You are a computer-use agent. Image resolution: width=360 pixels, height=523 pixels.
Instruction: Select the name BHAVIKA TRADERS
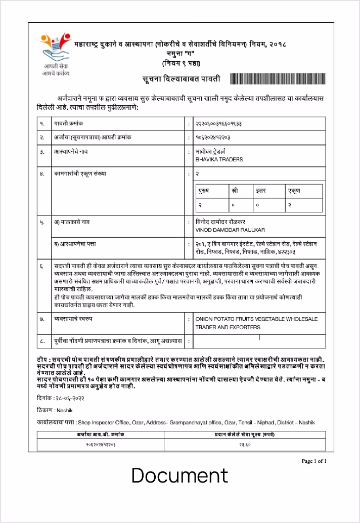tap(219, 159)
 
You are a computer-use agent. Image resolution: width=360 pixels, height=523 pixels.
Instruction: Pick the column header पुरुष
tap(204, 191)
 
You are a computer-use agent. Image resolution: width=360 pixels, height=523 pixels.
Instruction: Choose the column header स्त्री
tap(234, 191)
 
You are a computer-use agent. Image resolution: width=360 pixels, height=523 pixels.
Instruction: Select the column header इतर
tap(261, 191)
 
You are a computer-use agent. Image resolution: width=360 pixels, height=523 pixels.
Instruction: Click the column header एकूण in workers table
tap(294, 191)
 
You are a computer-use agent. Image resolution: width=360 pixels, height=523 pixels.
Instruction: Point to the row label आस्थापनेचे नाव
tap(71, 151)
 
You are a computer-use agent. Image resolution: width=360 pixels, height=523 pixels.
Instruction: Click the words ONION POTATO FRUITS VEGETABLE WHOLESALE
tap(256, 319)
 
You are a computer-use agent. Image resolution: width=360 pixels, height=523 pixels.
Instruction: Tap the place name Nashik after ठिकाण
tap(65, 410)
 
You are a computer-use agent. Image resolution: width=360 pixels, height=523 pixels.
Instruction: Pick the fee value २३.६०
tap(245, 445)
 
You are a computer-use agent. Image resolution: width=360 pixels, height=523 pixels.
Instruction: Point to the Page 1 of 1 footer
tap(314, 461)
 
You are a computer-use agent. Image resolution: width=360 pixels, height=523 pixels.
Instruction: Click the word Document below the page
tap(180, 476)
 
